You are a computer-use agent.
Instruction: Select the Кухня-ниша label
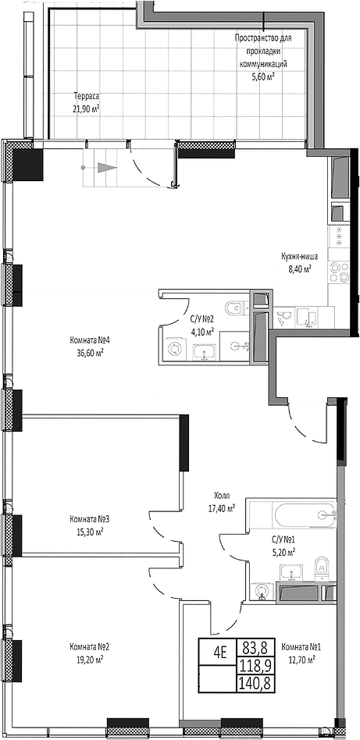296,258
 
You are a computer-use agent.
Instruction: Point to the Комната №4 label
86,341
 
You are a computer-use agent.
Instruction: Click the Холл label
222,496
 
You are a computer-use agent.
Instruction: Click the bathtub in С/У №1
305,514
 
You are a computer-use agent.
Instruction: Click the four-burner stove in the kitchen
339,272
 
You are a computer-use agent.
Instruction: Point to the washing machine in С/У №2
176,349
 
